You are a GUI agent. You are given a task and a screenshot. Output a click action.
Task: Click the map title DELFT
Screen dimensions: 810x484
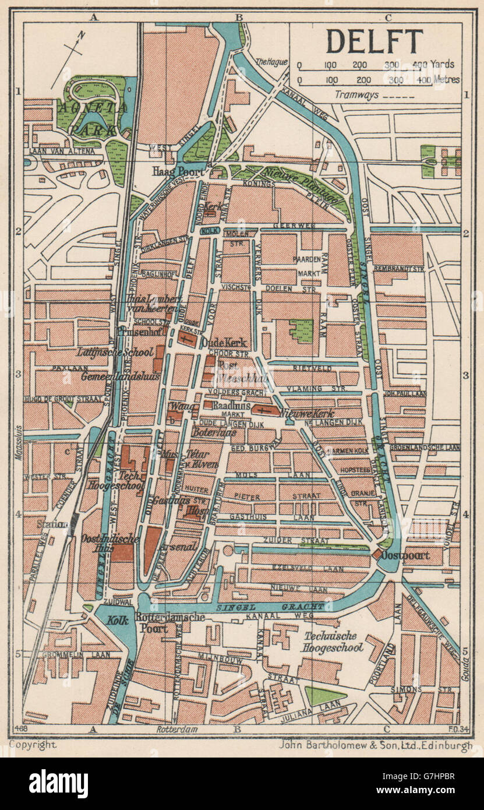374,41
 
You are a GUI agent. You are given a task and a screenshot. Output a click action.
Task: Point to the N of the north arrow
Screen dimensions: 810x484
82,35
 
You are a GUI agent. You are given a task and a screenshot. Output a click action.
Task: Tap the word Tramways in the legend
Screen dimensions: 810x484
357,94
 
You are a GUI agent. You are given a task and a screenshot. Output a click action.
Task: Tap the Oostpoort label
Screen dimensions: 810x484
406,555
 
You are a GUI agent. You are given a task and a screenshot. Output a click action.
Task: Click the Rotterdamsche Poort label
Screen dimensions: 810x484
169,622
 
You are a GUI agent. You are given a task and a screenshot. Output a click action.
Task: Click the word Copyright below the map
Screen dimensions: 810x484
33,744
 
